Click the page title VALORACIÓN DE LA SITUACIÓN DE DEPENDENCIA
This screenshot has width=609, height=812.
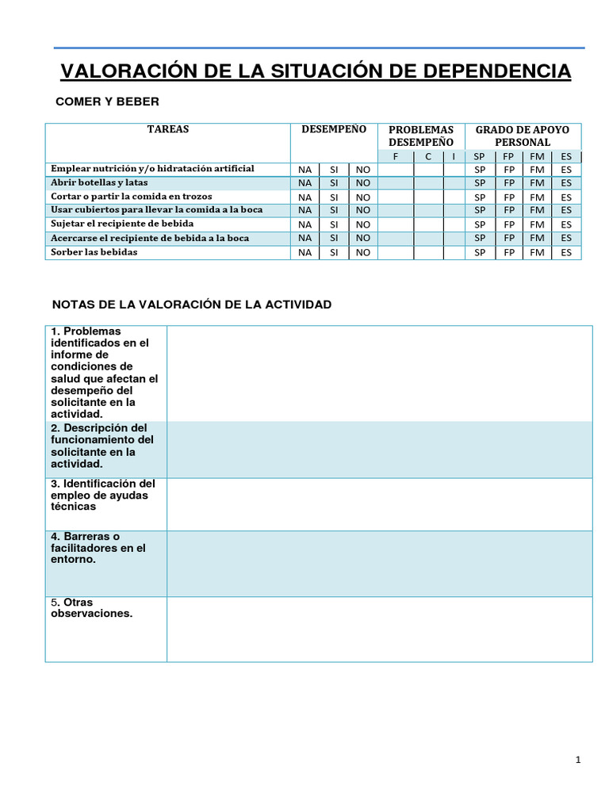pyautogui.click(x=316, y=71)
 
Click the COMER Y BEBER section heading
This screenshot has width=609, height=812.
pyautogui.click(x=106, y=101)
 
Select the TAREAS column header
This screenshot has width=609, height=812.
pyautogui.click(x=167, y=129)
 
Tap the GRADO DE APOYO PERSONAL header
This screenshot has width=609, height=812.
pyautogui.click(x=522, y=136)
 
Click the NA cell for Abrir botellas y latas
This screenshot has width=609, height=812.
pyautogui.click(x=304, y=183)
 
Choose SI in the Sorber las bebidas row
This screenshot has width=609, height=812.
pyautogui.click(x=334, y=253)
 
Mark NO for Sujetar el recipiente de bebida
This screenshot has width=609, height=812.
pyautogui.click(x=362, y=224)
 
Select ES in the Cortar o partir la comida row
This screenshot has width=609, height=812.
pyautogui.click(x=565, y=197)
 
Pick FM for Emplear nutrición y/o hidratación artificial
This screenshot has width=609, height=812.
pyautogui.click(x=537, y=170)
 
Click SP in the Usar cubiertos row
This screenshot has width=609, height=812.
pyautogui.click(x=479, y=210)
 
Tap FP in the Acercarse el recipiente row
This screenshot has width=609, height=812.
pyautogui.click(x=508, y=238)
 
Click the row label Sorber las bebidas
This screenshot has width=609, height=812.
pyautogui.click(x=94, y=252)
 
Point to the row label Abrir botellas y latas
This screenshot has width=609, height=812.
pyautogui.click(x=99, y=182)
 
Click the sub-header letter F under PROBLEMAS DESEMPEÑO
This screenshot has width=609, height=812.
pyautogui.click(x=396, y=157)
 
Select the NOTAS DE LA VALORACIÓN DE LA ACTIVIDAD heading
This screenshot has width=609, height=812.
pyautogui.click(x=191, y=304)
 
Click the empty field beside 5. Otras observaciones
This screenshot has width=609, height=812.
pyautogui.click(x=379, y=629)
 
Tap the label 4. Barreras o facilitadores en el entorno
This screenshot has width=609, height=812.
pyautogui.click(x=98, y=548)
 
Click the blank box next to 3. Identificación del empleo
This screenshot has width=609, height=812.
pyautogui.click(x=379, y=504)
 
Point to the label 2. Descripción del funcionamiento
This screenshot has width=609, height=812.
pyautogui.click(x=102, y=446)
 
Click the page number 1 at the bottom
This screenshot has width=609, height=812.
pyautogui.click(x=578, y=760)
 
